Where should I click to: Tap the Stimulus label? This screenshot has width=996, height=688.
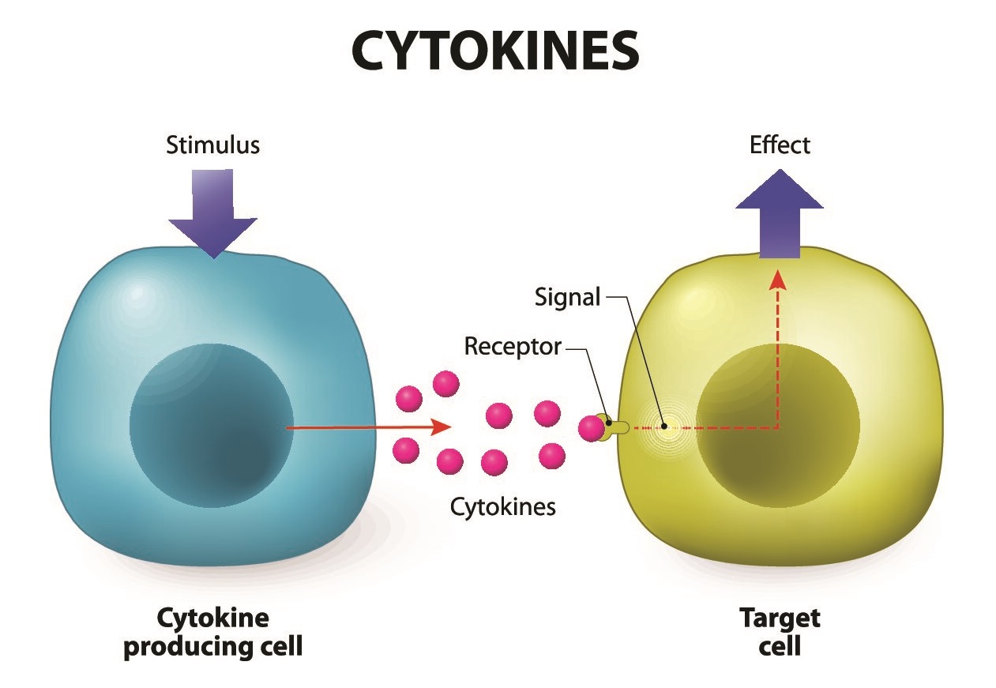point(212,145)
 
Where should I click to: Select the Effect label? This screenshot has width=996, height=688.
point(780,145)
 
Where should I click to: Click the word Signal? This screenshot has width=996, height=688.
point(568,298)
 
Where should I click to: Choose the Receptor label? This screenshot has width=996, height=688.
point(513,346)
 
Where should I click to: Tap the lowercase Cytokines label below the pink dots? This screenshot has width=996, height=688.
point(502,506)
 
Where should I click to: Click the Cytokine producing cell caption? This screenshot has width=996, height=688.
point(213,632)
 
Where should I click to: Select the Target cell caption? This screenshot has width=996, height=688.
point(780,632)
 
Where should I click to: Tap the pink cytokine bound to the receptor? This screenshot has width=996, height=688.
point(591,428)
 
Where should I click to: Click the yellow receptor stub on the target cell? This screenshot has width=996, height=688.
point(615,427)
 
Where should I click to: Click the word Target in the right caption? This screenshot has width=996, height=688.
point(780,617)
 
